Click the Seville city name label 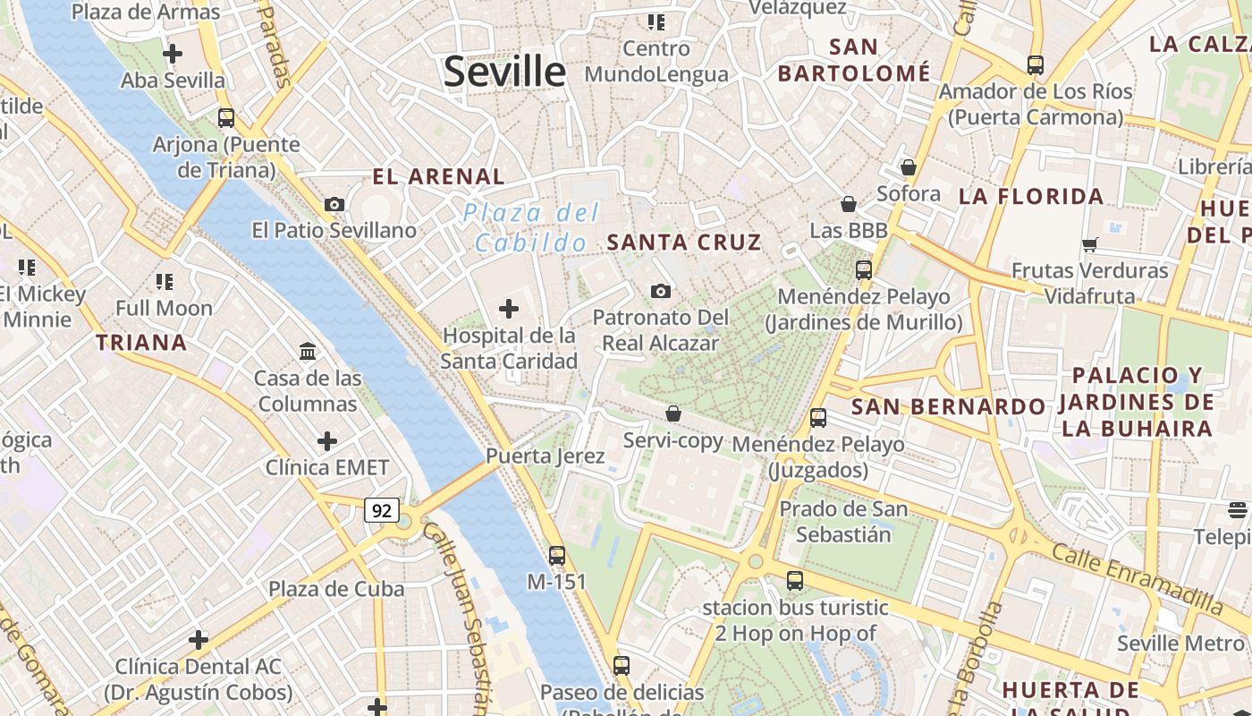pos(504,72)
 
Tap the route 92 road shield pos(382,510)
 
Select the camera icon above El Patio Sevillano pos(334,204)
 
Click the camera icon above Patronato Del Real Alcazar pos(661,291)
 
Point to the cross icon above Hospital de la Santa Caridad pos(509,310)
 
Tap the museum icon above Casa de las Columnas pos(309,352)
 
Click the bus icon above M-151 pos(557,556)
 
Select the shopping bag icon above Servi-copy pos(673,413)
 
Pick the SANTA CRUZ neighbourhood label pos(684,243)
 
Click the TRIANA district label pos(141,343)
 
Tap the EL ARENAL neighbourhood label pos(438,177)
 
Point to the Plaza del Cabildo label pos(531,227)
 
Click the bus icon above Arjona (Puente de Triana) pos(226,118)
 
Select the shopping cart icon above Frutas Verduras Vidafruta pos(1089,244)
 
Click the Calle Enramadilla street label pos(1137,577)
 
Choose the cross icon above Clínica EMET pos(327,441)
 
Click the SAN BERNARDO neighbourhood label pos(948,407)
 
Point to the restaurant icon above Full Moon pos(165,282)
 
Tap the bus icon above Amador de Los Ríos pos(1036,65)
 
